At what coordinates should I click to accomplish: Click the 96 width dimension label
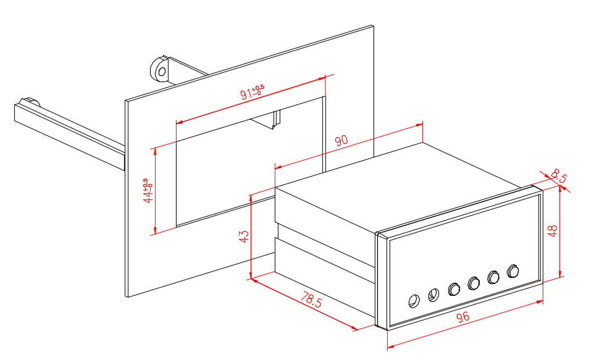463,318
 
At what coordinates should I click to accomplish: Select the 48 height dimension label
553,231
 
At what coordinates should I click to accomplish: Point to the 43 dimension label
244,237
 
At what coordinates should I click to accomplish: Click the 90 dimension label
341,140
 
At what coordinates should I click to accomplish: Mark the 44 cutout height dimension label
148,191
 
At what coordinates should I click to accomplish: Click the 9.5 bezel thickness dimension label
559,176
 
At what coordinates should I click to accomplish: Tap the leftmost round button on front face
414,301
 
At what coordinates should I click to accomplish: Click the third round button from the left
454,288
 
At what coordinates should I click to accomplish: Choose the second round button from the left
433,295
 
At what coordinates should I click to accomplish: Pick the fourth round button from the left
474,283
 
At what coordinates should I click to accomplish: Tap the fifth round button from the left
493,277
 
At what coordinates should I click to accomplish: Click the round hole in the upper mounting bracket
162,72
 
